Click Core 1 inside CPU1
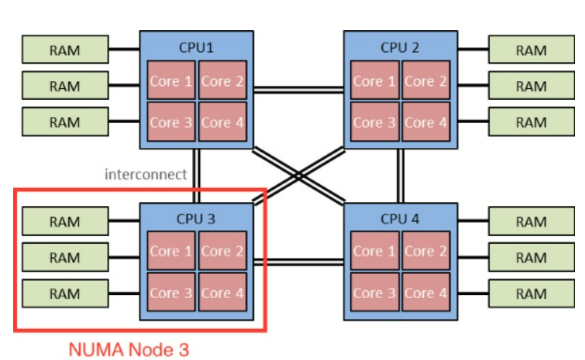171,81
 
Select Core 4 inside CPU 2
425,122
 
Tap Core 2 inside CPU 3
222,251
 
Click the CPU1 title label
196,47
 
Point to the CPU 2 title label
400,47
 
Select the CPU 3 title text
196,218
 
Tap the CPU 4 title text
400,218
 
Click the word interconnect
146,174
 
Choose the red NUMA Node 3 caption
129,350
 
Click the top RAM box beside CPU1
64,50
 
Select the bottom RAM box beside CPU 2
531,122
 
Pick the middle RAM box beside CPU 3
64,257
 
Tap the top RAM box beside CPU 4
531,222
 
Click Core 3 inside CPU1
171,122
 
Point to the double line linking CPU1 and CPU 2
298,91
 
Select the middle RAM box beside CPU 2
531,86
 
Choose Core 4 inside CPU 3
222,293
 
